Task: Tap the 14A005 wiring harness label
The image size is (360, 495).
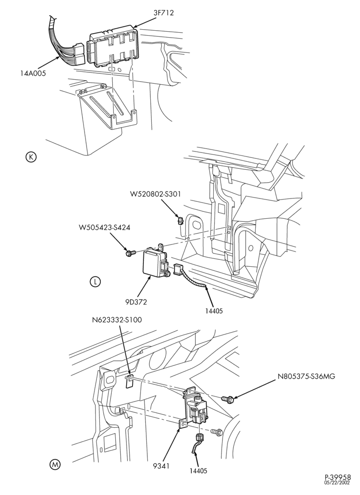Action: (x=33, y=74)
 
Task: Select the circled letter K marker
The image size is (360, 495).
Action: (x=31, y=157)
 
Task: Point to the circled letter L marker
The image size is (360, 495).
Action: (x=95, y=282)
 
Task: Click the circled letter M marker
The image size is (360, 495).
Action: (x=55, y=464)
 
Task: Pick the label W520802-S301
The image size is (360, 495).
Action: (x=155, y=194)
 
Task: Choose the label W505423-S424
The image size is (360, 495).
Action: (x=104, y=227)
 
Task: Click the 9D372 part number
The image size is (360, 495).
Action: (x=135, y=302)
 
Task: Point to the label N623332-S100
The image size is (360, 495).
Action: (x=117, y=320)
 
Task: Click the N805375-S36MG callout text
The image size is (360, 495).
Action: (x=307, y=376)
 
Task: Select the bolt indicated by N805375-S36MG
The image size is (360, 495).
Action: (x=226, y=398)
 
